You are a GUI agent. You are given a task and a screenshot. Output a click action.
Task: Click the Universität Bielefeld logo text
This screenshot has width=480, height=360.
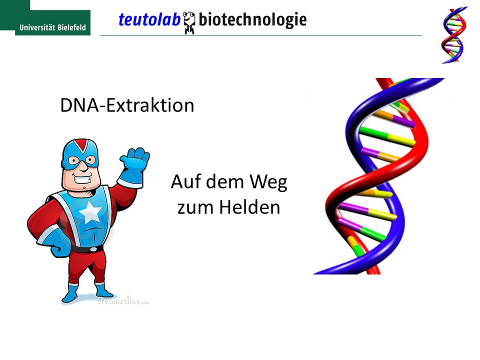pyautogui.click(x=52, y=27)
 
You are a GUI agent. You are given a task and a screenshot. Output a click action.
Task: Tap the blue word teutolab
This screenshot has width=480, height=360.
pyautogui.click(x=149, y=19)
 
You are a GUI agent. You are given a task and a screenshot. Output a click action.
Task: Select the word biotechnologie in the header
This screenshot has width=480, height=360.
pyautogui.click(x=252, y=20)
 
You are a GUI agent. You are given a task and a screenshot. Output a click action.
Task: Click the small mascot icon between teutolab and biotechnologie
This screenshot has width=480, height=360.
pyautogui.click(x=189, y=22)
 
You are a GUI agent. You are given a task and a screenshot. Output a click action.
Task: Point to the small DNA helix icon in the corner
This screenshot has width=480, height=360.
pyautogui.click(x=454, y=35)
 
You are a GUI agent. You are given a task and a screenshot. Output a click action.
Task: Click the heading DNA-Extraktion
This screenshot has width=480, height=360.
pyautogui.click(x=127, y=105)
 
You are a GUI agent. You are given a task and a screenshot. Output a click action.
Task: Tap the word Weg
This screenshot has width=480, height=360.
pyautogui.click(x=268, y=182)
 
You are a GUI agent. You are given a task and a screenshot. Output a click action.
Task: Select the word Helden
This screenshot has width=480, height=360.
pyautogui.click(x=249, y=207)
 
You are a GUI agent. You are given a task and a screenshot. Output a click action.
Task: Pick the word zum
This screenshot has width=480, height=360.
pyautogui.click(x=195, y=208)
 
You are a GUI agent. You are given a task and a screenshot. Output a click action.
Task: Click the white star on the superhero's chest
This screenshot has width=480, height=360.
pyautogui.click(x=90, y=211)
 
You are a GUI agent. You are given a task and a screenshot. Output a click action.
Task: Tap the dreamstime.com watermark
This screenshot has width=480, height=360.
pyautogui.click(x=123, y=301)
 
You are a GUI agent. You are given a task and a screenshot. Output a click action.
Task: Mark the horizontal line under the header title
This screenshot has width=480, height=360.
pyautogui.click(x=261, y=36)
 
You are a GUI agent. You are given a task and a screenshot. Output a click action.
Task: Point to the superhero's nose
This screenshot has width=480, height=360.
pyautogui.click(x=82, y=168)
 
